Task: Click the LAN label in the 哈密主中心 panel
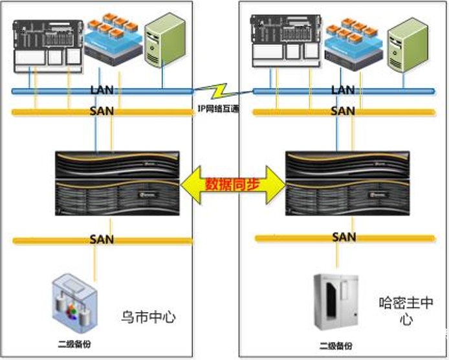tap(343, 91)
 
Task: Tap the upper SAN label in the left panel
tap(102, 111)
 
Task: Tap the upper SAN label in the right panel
tap(343, 111)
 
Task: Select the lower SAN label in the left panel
tap(102, 240)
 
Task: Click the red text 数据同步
tap(232, 184)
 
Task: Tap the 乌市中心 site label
tap(148, 317)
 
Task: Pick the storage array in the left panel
tap(117, 183)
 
